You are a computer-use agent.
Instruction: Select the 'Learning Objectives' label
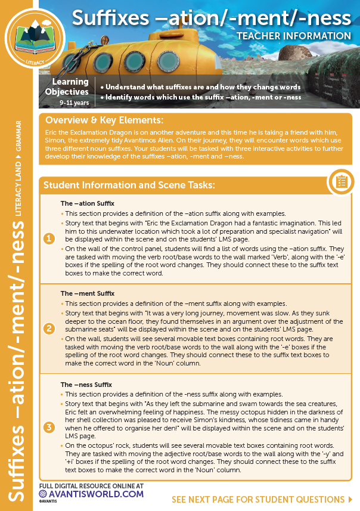click(x=67, y=87)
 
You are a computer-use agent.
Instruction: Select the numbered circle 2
click(x=49, y=329)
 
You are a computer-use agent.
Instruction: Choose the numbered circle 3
click(x=49, y=427)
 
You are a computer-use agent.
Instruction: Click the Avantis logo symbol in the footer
click(x=44, y=494)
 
